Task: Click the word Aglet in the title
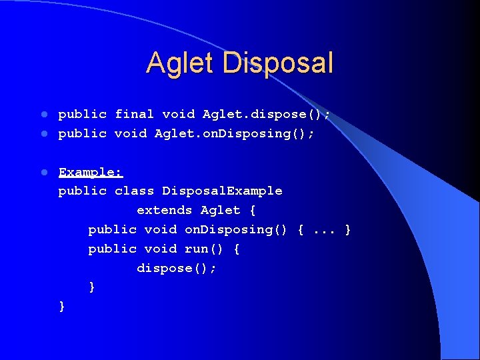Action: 181,63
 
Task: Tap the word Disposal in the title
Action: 278,63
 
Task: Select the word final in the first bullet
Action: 135,114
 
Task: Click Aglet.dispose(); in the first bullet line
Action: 266,114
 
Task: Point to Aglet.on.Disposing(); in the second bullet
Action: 234,133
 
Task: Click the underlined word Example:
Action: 91,172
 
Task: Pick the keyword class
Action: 135,191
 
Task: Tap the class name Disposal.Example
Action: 222,191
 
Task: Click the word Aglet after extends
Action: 221,211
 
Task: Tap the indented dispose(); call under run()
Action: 177,268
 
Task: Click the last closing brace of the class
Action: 62,307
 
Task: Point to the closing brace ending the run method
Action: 92,287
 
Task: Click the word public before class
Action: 83,191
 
